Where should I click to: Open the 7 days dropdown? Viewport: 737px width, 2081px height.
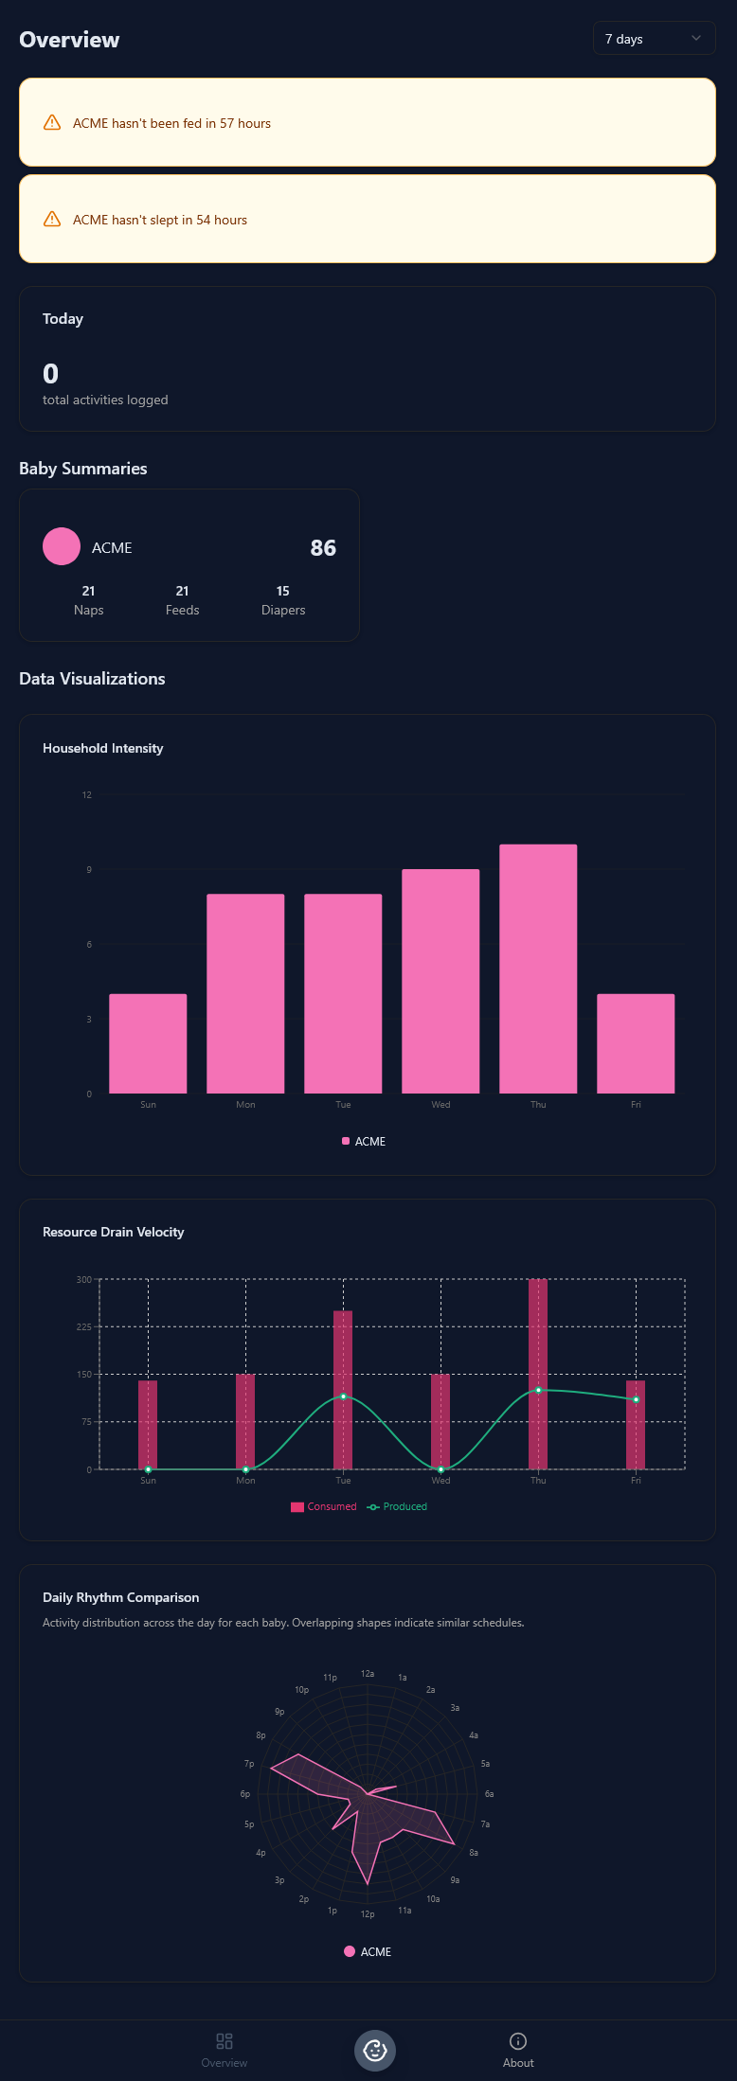654,39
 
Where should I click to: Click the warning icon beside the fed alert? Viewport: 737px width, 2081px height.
53,123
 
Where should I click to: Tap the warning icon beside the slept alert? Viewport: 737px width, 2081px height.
53,220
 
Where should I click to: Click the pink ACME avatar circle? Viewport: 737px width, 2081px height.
62,547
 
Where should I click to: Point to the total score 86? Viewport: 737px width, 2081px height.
323,548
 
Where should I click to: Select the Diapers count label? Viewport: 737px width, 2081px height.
283,610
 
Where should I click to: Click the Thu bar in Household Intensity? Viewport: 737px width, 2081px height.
538,969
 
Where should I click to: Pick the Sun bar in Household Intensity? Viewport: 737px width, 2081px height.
148,1043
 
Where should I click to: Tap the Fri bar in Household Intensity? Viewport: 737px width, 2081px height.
636,1043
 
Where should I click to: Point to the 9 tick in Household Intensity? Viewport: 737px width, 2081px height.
89,869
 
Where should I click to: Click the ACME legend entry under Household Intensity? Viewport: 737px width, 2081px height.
364,1141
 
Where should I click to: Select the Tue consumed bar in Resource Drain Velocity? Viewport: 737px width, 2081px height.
343,1390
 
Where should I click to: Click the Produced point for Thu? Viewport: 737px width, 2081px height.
538,1390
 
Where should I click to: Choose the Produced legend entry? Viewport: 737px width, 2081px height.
397,1506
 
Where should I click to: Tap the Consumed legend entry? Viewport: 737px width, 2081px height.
324,1506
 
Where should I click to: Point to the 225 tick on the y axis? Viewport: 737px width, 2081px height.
84,1326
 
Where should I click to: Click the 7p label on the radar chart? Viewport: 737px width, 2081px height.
249,1764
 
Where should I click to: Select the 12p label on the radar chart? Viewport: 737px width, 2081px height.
368,1914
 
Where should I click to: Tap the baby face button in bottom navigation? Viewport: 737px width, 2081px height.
375,2051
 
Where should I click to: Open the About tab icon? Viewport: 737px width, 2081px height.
518,2041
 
